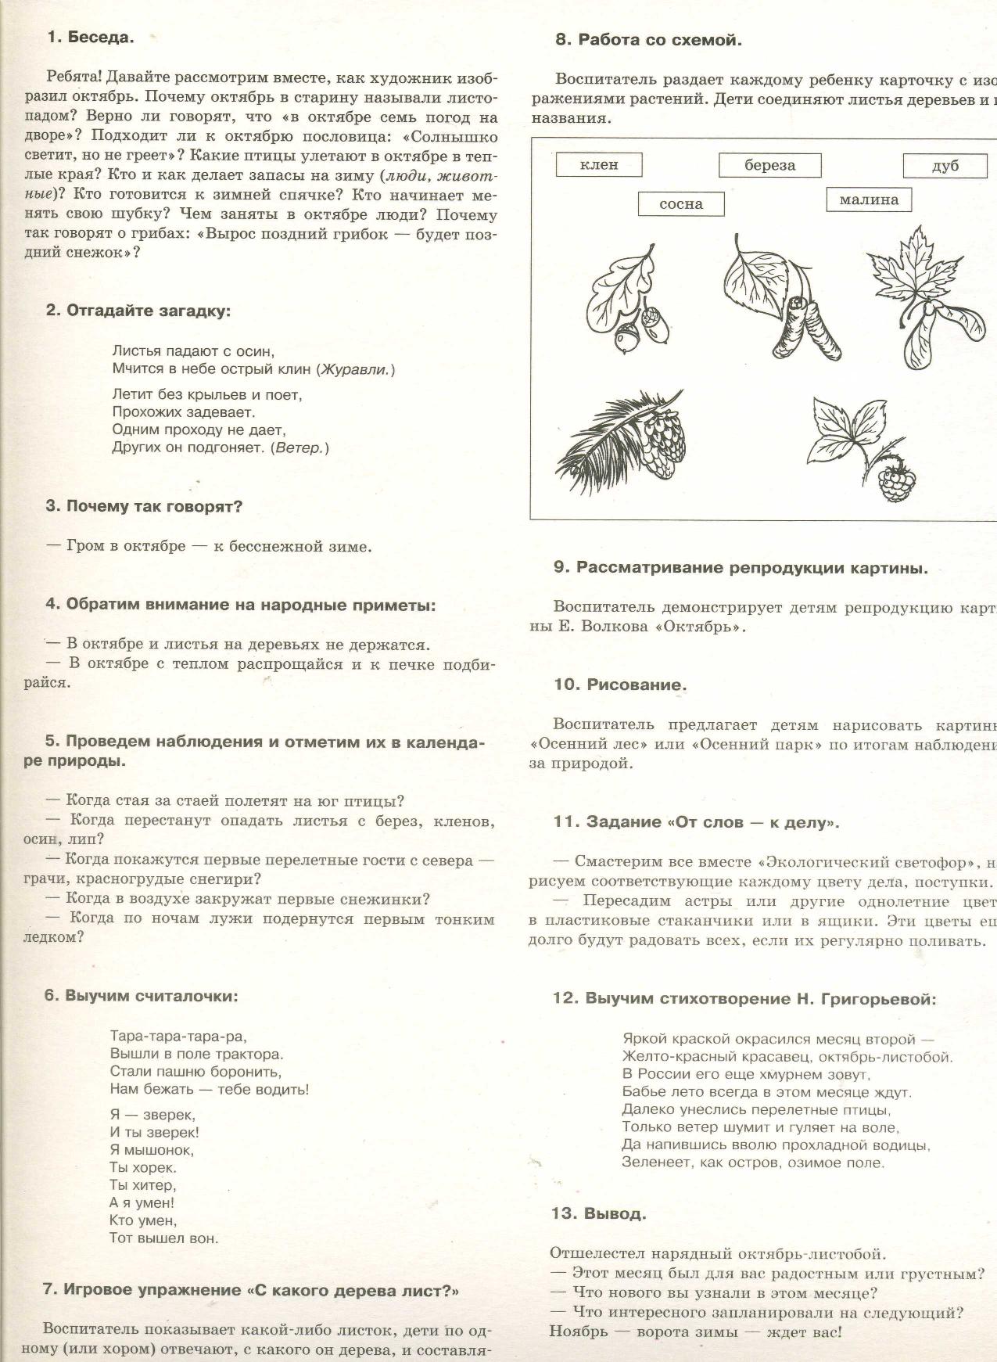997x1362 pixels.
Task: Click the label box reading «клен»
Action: (x=599, y=165)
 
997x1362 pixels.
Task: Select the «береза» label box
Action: (x=769, y=165)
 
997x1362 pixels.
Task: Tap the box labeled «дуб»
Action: (x=945, y=166)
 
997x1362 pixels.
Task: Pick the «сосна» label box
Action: (x=681, y=204)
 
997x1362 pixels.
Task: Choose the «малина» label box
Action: (x=869, y=199)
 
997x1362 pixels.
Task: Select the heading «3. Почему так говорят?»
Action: (x=144, y=506)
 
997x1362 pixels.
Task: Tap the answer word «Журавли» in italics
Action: (x=356, y=369)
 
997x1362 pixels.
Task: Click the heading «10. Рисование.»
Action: (x=620, y=685)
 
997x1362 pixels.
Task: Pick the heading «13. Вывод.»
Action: (x=599, y=1214)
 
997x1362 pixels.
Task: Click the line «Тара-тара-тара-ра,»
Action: (x=178, y=1037)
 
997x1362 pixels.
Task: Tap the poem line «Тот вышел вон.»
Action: (x=164, y=1238)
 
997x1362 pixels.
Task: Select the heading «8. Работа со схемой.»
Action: (x=648, y=40)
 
